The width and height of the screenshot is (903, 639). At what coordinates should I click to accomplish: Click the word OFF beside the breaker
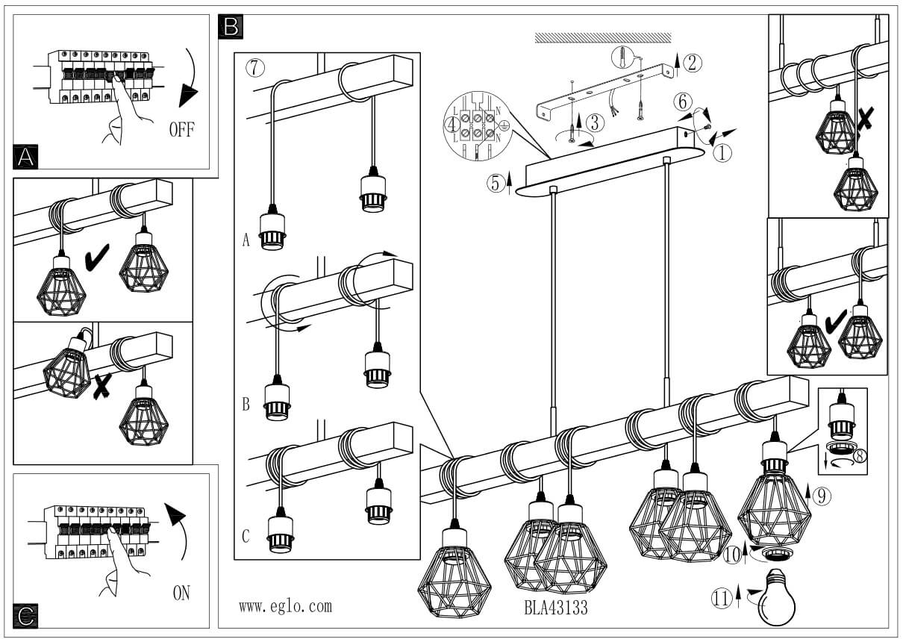[181, 130]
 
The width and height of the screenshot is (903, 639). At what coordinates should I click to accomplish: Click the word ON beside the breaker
[181, 593]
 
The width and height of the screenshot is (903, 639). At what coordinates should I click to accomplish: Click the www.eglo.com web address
[285, 606]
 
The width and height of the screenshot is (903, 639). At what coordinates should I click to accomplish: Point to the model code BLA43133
[556, 608]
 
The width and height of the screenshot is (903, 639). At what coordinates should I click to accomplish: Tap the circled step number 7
[254, 67]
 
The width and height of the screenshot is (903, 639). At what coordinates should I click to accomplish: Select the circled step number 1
[722, 153]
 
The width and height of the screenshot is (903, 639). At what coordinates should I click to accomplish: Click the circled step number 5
[497, 183]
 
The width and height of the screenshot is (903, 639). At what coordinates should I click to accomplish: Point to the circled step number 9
[821, 496]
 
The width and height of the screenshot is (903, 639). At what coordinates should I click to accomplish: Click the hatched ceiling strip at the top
[603, 37]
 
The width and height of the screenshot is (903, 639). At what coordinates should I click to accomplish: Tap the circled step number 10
[733, 555]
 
